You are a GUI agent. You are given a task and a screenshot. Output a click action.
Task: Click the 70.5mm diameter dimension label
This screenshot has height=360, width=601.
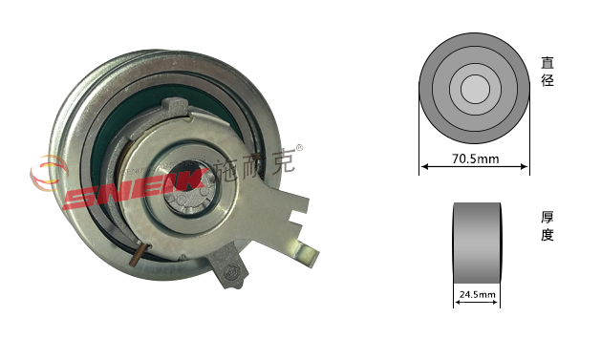click(x=475, y=159)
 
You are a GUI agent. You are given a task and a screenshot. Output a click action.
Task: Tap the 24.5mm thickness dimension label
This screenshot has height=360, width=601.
click(x=477, y=294)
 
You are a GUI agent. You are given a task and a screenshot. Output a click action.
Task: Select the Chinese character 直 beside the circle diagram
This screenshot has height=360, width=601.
click(x=547, y=62)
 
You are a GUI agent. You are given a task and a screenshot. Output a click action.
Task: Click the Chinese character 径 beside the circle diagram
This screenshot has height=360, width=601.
click(x=547, y=79)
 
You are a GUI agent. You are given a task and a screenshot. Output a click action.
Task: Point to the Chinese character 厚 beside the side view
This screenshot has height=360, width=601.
click(x=547, y=217)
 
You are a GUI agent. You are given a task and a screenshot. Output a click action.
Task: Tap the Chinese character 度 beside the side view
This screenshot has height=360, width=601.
click(x=547, y=234)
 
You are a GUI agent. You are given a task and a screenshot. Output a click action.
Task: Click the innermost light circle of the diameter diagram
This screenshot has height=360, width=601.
click(x=475, y=89)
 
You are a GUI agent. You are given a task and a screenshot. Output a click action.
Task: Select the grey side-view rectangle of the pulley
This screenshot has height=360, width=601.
click(x=477, y=243)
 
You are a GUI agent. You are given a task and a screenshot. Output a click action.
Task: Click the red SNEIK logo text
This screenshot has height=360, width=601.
click(x=135, y=188)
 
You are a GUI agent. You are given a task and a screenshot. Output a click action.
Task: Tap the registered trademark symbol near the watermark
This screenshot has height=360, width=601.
click(x=300, y=148)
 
